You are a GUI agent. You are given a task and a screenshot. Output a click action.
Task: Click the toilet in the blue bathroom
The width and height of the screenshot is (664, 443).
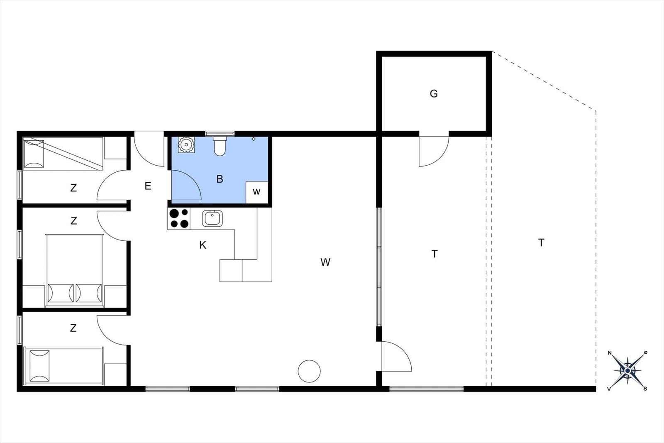click(x=220, y=146)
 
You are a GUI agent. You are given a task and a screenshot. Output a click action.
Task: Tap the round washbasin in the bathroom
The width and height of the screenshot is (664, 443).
click(x=186, y=145)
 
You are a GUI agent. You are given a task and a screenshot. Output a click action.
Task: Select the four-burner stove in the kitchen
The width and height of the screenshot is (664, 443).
click(x=179, y=218)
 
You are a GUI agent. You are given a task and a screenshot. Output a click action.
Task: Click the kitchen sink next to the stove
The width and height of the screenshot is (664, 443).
click(x=212, y=218)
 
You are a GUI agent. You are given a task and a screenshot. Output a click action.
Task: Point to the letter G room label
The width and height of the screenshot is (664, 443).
click(x=434, y=94)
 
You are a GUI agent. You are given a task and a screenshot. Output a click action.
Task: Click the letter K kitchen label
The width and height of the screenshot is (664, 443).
click(x=203, y=245)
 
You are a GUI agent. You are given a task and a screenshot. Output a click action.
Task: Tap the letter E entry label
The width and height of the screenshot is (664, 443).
click(x=148, y=186)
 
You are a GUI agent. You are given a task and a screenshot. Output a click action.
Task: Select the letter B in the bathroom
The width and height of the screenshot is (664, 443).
click(x=220, y=179)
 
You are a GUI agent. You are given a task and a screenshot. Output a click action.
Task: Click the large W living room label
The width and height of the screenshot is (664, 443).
click(x=325, y=262)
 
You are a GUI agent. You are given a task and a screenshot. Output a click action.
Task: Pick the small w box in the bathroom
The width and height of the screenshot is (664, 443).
click(x=257, y=192)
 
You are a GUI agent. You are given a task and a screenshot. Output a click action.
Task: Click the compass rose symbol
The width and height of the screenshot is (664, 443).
click(x=627, y=371)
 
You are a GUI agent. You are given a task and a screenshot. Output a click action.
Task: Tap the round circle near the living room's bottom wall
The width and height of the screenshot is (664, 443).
click(x=309, y=371)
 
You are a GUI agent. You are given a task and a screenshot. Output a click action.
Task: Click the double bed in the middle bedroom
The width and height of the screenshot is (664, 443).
click(x=74, y=270)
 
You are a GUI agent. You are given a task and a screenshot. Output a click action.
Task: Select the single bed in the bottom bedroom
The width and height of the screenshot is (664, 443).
click(x=63, y=366)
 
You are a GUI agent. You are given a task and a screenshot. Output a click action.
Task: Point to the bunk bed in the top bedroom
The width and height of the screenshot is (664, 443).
click(x=63, y=154)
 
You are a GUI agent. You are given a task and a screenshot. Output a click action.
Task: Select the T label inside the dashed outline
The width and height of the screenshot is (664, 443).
click(x=541, y=243)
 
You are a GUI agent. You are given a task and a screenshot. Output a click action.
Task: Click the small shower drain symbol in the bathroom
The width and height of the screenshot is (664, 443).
click(x=254, y=139)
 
